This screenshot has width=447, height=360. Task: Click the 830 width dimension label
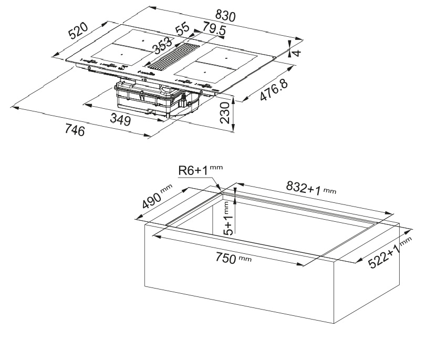225,15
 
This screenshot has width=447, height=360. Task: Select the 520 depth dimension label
78,30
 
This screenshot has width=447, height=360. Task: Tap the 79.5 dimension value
214,29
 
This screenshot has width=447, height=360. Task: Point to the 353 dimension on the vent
162,45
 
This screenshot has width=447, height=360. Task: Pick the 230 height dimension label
225,112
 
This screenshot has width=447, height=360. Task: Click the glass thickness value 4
297,53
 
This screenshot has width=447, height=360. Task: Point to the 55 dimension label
182,28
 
